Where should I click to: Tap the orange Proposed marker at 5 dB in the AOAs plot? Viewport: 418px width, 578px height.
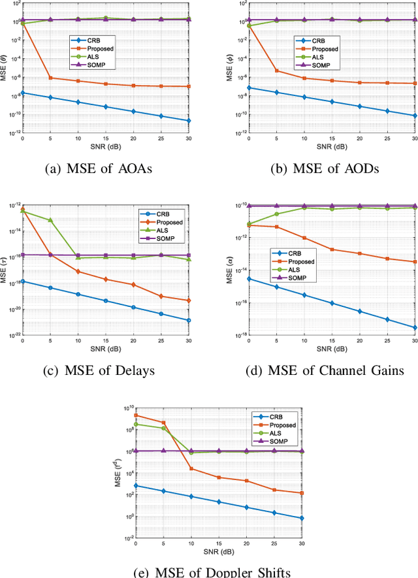(x=50, y=78)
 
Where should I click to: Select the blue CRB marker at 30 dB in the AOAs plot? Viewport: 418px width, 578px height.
(x=189, y=121)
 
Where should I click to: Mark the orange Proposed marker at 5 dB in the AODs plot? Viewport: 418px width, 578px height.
(x=276, y=71)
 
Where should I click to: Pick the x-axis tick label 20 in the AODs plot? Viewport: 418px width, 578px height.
(x=359, y=138)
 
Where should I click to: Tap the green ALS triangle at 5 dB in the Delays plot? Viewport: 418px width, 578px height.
(x=50, y=220)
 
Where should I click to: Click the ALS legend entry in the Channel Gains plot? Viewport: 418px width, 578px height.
(x=293, y=270)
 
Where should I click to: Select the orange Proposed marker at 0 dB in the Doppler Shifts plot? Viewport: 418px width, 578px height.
(x=136, y=415)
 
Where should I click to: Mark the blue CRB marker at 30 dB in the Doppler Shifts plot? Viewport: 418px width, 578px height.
(x=302, y=518)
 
